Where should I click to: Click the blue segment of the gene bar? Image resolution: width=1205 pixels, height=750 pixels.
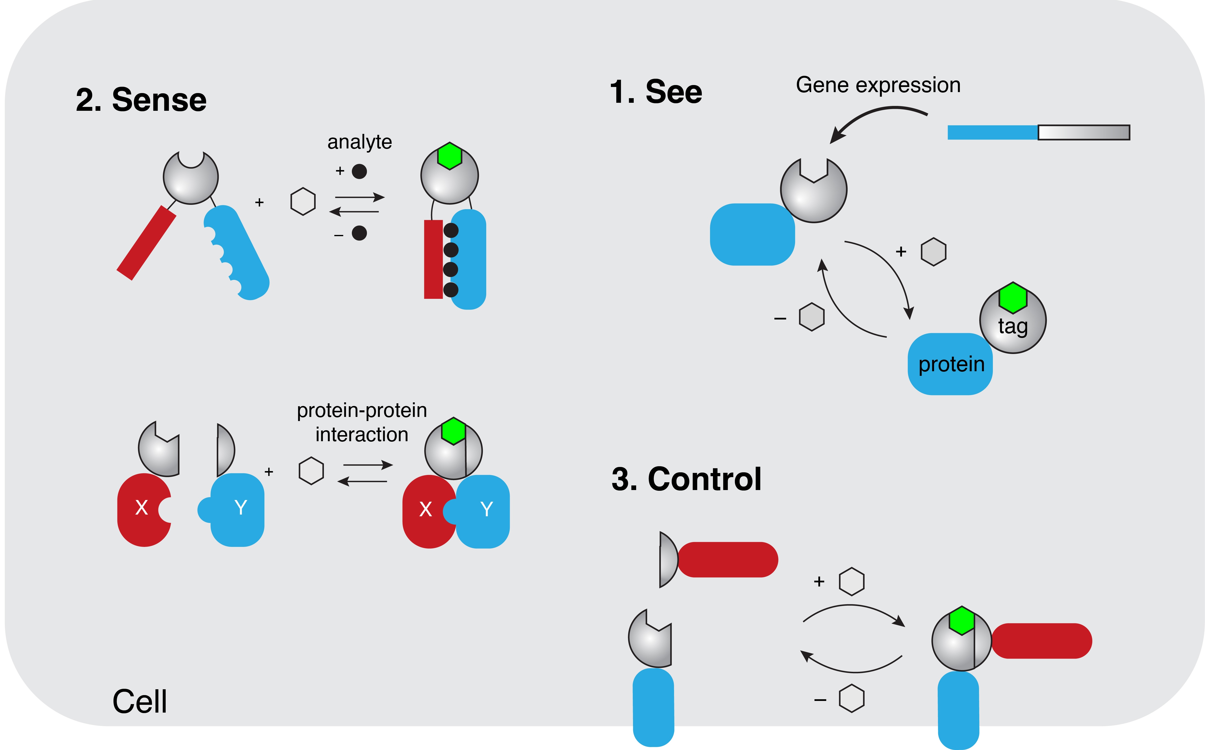pos(992,132)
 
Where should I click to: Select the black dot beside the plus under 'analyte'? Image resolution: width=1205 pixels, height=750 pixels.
pos(359,172)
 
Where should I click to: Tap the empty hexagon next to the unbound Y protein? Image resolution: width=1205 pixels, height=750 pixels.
pos(311,471)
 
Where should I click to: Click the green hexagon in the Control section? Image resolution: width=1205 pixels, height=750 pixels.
pos(962,621)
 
